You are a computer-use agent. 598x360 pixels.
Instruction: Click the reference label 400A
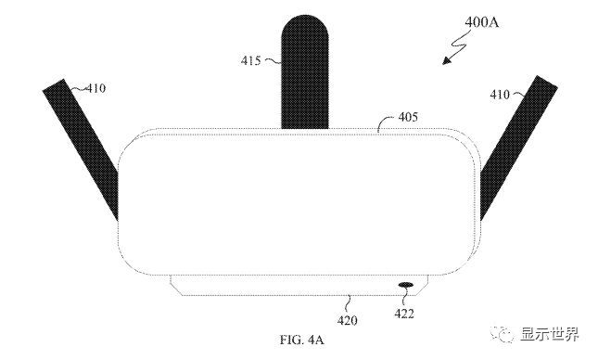(x=481, y=22)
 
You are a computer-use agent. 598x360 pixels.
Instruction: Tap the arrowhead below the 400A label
(x=447, y=60)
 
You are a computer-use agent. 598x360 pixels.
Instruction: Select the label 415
(x=250, y=60)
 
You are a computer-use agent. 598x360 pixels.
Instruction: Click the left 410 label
(x=95, y=88)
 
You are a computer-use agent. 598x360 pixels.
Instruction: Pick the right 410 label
(x=500, y=95)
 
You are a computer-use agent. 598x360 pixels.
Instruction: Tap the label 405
(x=408, y=117)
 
